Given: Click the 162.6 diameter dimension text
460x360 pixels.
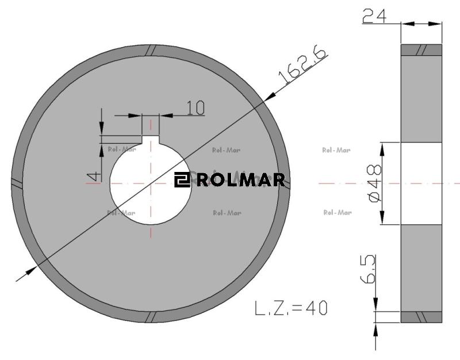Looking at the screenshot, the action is tap(302, 64).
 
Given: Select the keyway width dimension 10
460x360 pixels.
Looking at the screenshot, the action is tap(195, 108).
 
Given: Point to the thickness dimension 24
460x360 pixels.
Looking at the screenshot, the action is tap(374, 16).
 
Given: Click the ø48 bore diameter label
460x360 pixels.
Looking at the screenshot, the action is tap(375, 183).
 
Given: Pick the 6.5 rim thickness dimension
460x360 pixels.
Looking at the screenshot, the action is tap(368, 269).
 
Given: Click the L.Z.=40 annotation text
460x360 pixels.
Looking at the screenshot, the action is tap(291, 308).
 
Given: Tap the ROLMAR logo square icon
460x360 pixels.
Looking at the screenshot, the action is tap(182, 179).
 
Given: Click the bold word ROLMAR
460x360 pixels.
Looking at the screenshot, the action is tap(240, 179).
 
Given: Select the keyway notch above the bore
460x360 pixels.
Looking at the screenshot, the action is tap(151, 140).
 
